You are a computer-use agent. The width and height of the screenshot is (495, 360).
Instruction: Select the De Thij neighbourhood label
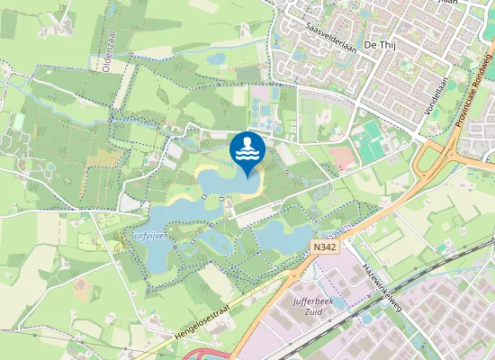pos(382,45)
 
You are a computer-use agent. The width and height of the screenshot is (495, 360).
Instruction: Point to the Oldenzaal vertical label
pos(107,49)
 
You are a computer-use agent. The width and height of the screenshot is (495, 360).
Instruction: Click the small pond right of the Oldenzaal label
pos(216,59)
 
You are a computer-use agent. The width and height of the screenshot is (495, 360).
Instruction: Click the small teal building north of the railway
pos(441,247)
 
